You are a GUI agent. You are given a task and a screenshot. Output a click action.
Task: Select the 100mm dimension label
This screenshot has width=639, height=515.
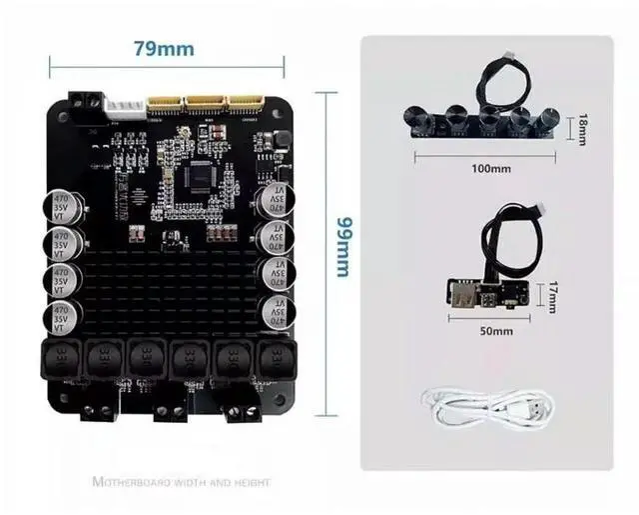tap(490, 168)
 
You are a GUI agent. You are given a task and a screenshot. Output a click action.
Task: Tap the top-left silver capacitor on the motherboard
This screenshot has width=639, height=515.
tap(64, 211)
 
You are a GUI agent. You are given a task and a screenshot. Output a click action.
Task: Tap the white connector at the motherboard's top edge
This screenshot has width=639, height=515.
tap(123, 103)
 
